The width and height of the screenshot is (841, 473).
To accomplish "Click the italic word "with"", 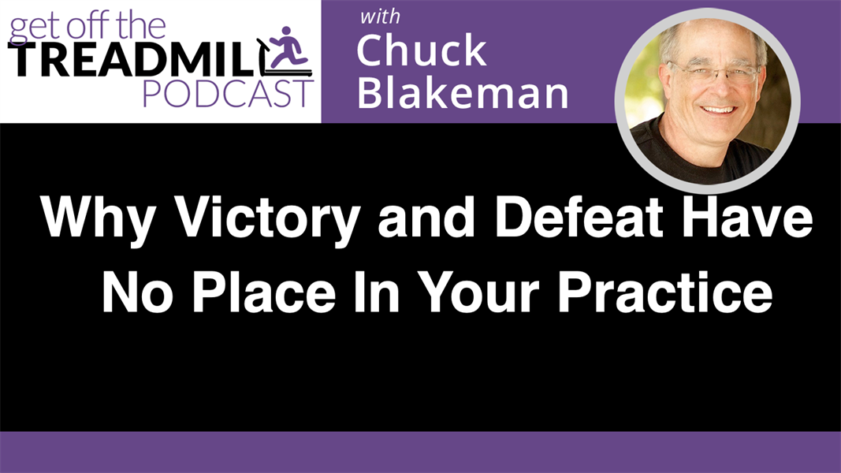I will (x=379, y=17).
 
